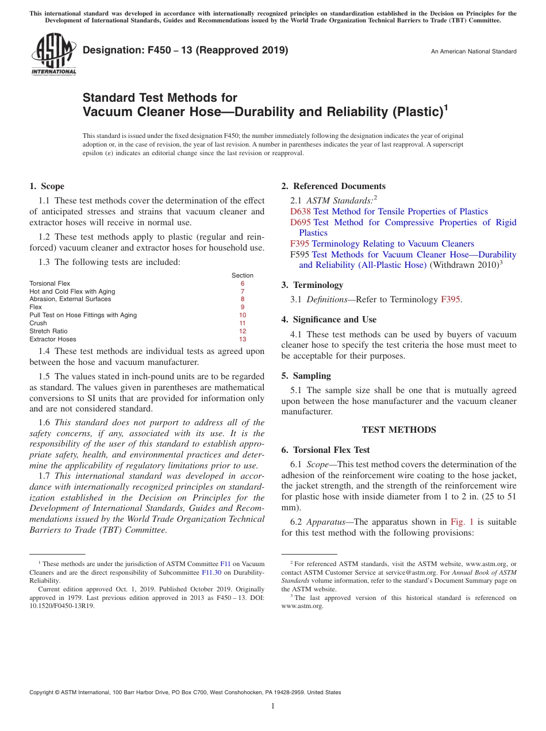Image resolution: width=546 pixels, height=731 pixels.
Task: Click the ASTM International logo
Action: point(53,54)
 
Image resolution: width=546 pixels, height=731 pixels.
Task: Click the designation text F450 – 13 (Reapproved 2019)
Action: point(185,50)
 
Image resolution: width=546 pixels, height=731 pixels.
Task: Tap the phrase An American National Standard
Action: point(474,52)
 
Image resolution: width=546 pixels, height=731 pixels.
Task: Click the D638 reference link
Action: point(301,211)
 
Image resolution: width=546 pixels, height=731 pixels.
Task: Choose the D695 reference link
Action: point(301,222)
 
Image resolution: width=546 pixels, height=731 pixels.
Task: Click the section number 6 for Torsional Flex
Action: point(243,283)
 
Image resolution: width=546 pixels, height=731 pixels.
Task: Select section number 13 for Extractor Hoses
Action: point(243,339)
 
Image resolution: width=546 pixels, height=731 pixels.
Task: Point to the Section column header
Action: point(243,275)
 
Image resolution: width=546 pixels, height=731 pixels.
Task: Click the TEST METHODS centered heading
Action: point(399,430)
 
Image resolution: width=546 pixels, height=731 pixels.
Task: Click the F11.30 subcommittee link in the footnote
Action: point(211,572)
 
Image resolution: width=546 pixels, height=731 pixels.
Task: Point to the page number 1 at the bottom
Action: point(273,706)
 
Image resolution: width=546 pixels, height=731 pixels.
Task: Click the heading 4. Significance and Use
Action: point(329,320)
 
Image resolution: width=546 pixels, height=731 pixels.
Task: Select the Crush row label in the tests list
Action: point(38,323)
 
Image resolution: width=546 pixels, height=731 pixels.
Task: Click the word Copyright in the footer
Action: point(43,692)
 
